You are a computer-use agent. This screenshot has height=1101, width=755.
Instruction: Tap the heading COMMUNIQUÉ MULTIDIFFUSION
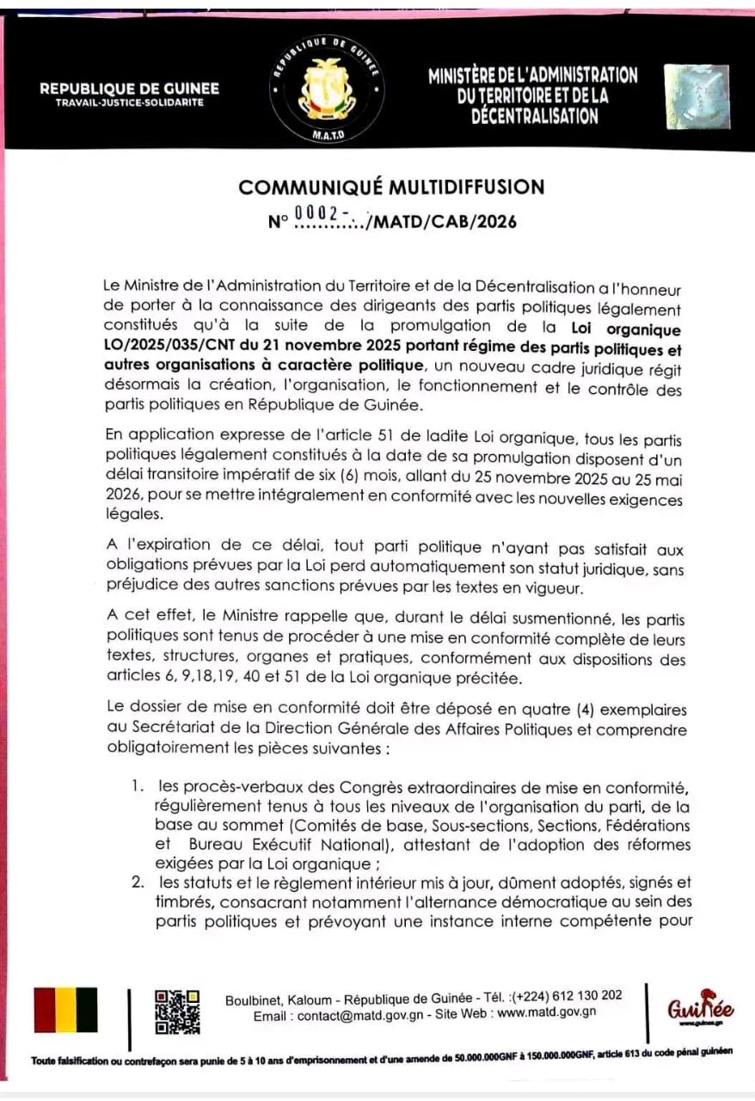(391, 188)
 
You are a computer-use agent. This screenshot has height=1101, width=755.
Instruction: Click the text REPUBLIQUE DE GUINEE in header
(129, 89)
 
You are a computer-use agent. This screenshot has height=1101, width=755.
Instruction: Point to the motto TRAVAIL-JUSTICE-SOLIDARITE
(129, 102)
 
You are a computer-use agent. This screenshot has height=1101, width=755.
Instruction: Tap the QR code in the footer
(177, 1012)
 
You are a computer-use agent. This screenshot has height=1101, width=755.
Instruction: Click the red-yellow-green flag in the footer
(65, 1010)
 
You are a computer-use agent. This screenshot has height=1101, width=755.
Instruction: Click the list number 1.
(137, 785)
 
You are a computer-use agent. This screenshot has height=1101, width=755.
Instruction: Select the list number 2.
(137, 883)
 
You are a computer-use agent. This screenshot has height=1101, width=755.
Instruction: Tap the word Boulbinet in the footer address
(253, 1000)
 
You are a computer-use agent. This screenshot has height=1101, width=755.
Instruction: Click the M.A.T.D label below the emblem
(325, 137)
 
